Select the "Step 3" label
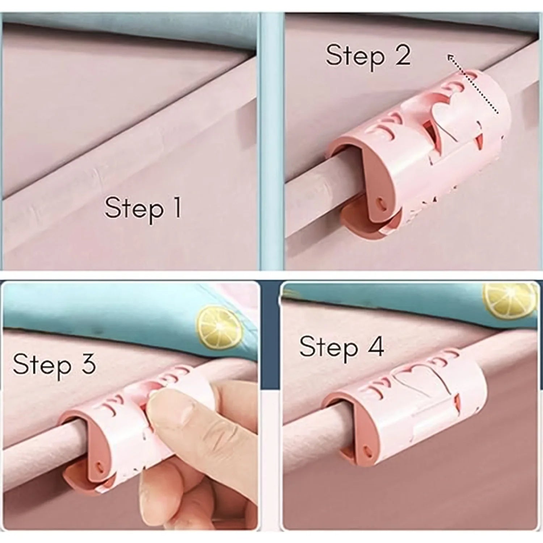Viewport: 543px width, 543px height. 54,364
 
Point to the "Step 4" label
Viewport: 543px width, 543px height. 341,347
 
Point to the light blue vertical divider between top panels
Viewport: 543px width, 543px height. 271,141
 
